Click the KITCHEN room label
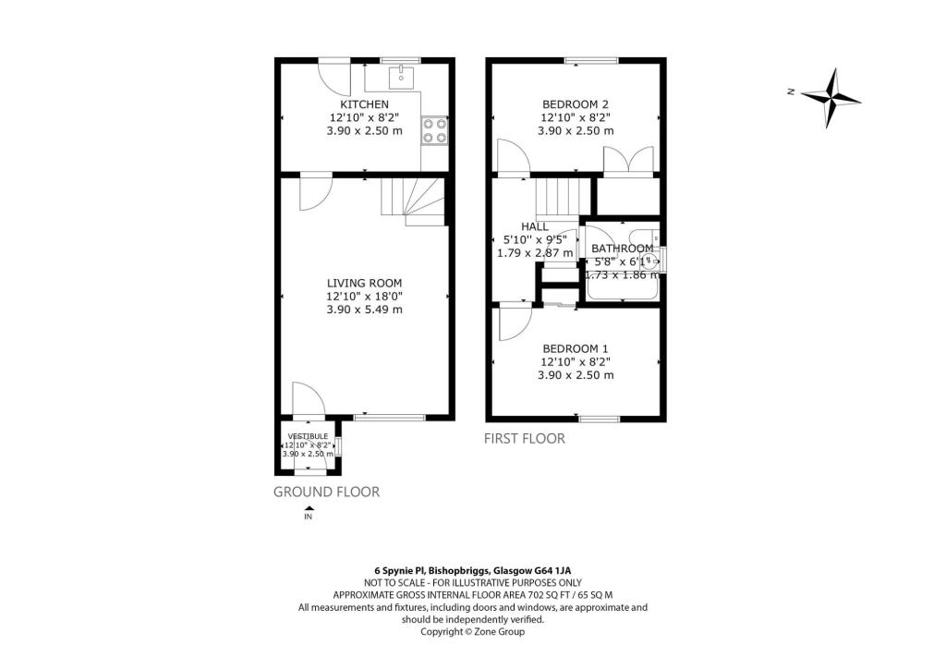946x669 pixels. coord(364,104)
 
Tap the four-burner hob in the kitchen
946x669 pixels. coord(434,131)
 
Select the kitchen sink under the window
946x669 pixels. coord(402,75)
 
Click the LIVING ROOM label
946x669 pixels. coord(364,283)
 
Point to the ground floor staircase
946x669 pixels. coord(412,201)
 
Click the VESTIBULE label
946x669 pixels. coord(308,435)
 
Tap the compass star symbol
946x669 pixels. coord(831,98)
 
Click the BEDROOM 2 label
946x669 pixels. coord(575,104)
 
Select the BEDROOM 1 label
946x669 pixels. coord(575,348)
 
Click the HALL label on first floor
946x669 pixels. coord(534,226)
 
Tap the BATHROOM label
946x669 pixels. coord(622,249)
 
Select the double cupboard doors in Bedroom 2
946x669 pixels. coord(628,161)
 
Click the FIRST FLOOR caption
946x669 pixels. coord(524,439)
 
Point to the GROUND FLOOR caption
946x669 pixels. coord(326,492)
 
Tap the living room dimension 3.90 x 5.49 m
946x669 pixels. coord(364,310)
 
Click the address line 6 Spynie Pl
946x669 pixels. coord(472,571)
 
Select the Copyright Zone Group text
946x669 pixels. coord(472,632)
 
